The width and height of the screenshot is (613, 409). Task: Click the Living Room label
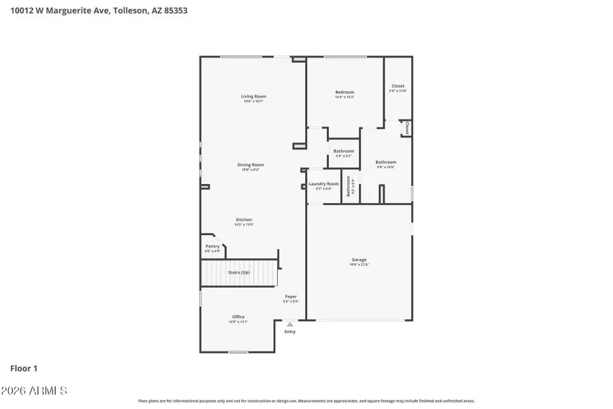253,96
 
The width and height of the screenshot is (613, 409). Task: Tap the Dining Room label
251,164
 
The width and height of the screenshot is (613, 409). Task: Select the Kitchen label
244,219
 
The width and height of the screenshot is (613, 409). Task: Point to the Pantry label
213,246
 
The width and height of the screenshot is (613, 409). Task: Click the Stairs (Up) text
238,273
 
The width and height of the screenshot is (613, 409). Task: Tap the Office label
238,316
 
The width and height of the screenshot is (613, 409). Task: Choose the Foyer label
291,297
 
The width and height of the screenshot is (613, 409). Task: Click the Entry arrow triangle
290,324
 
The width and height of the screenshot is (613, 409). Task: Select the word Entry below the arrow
290,332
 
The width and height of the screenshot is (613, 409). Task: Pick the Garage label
359,259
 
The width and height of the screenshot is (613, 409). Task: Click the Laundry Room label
324,183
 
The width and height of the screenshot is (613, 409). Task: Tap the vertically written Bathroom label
348,186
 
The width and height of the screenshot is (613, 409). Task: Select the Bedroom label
344,92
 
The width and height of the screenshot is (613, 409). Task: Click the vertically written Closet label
407,127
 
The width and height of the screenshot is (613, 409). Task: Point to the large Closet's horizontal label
398,86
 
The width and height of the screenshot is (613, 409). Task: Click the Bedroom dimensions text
344,97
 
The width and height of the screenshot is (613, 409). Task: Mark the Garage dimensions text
359,264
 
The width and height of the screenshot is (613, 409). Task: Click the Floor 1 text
24,368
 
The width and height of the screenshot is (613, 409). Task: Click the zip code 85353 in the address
175,11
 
